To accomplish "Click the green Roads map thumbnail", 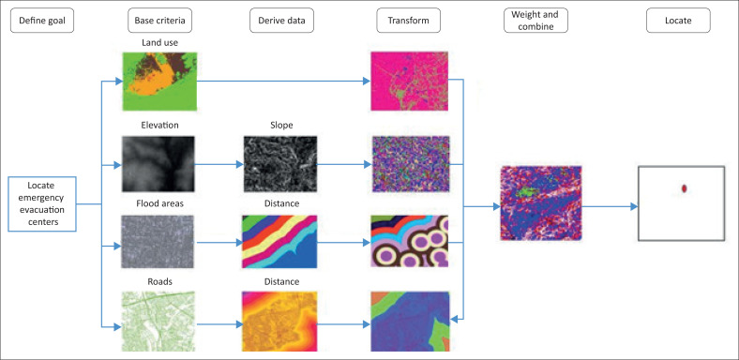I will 160,319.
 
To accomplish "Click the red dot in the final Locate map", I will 685,188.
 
